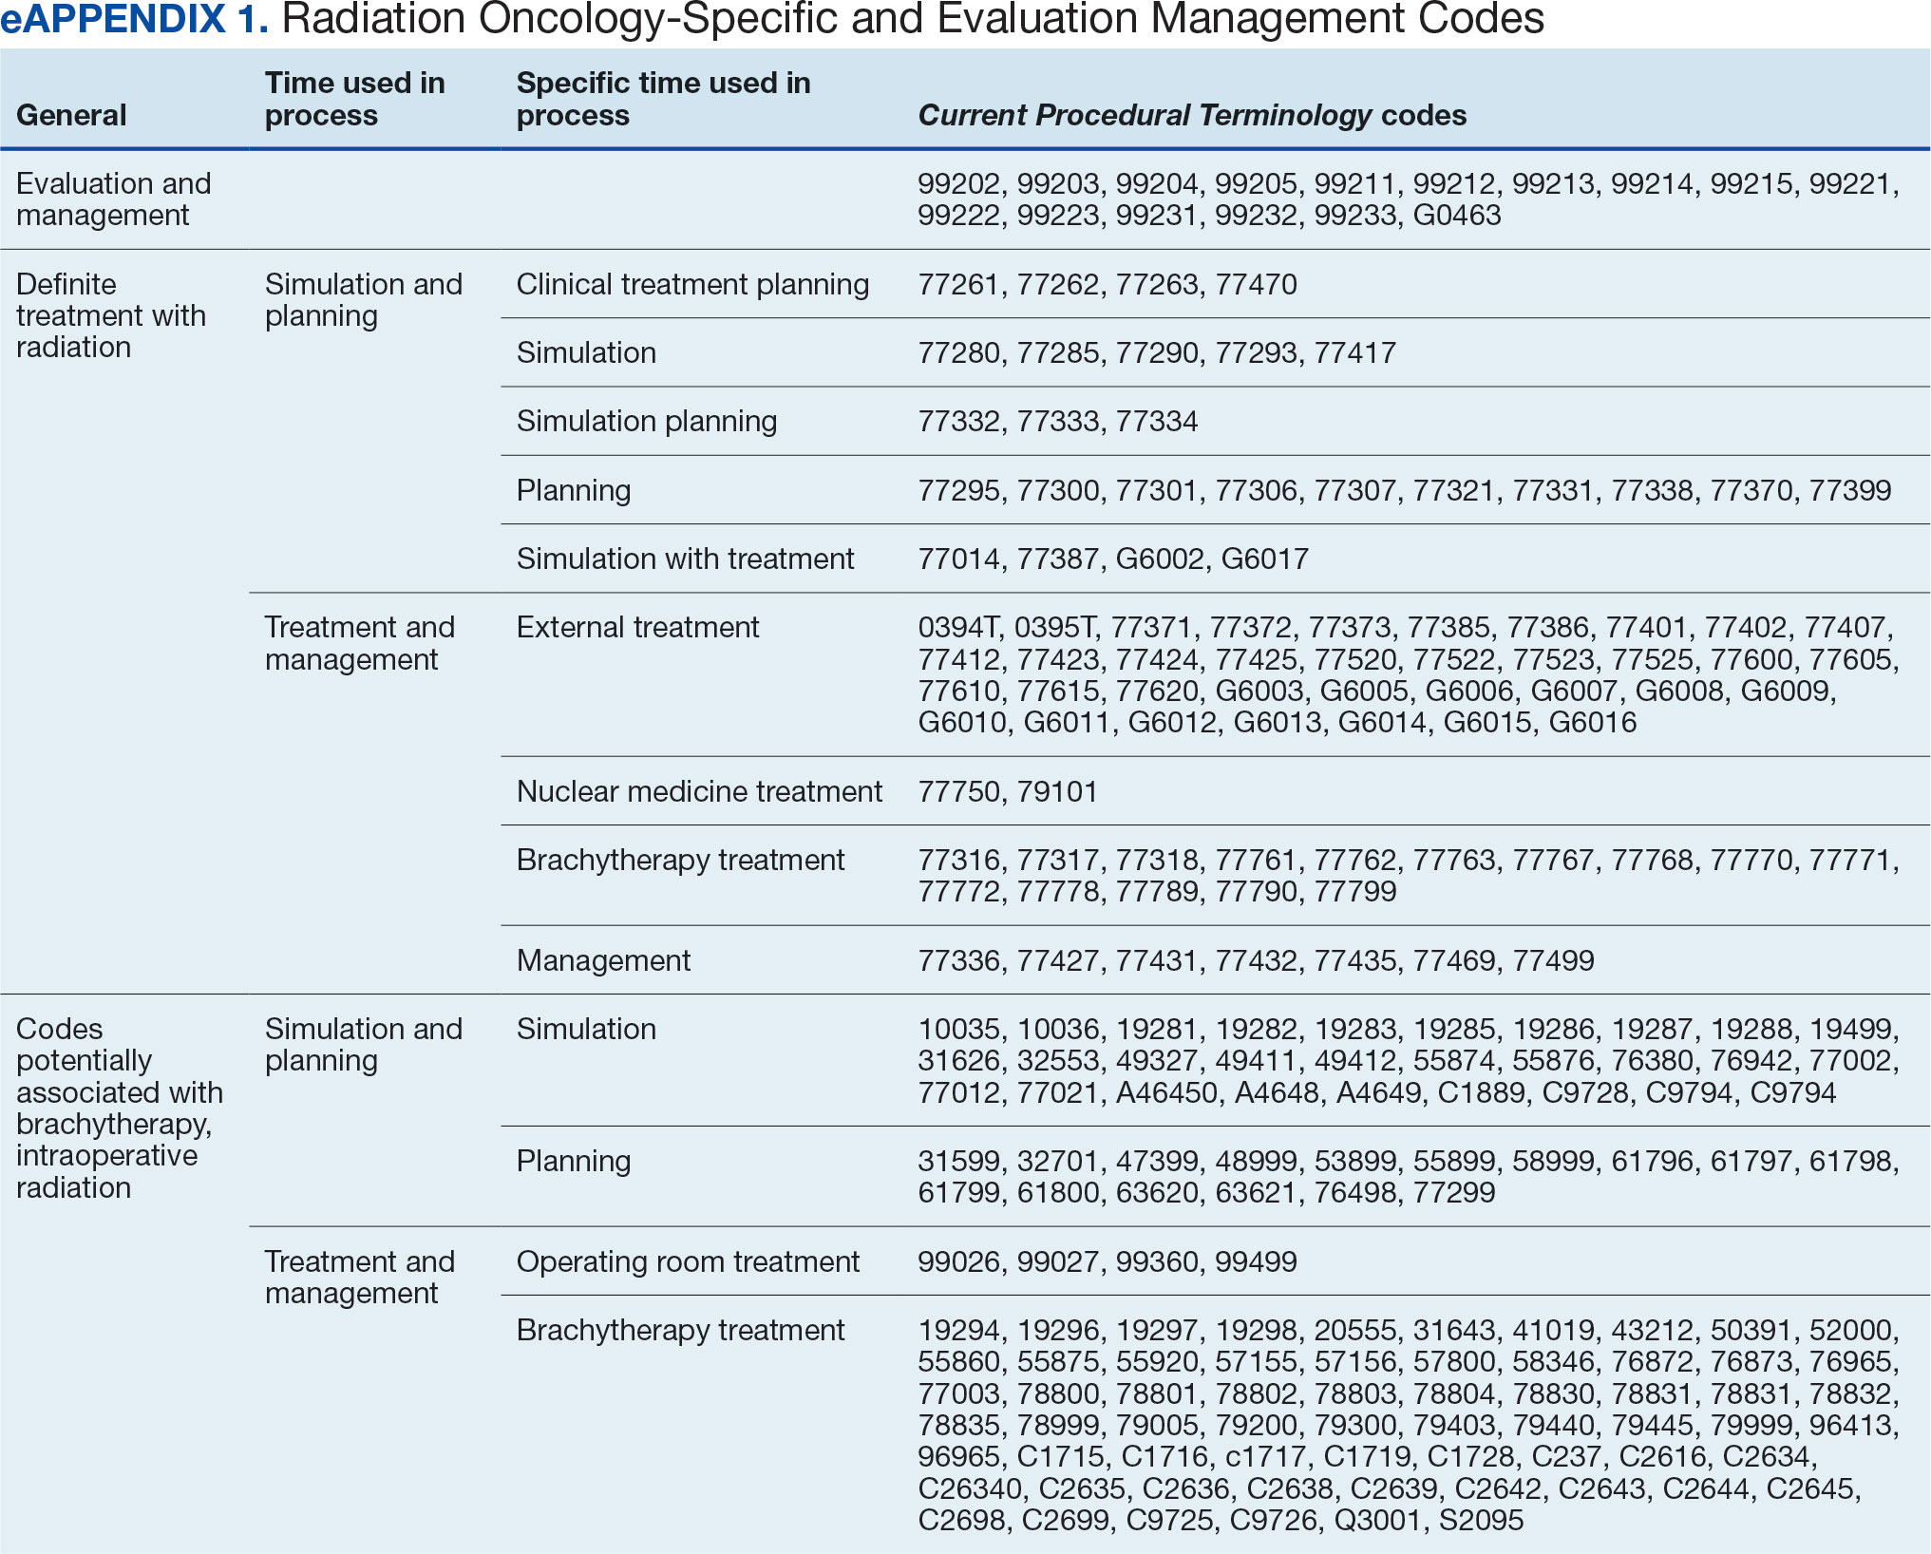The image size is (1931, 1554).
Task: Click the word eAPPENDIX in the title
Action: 113,19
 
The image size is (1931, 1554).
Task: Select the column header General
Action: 71,115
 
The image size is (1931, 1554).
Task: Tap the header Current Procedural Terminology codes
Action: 1192,115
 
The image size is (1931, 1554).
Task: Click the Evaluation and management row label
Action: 114,199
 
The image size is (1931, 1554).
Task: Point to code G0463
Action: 1457,216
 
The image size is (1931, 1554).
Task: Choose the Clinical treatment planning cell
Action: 692,284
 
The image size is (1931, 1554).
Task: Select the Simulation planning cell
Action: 647,421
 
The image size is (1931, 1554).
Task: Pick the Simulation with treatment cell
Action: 685,559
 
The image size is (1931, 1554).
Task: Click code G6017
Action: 1265,559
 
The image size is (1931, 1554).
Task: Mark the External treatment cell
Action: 637,627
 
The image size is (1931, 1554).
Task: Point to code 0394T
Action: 958,628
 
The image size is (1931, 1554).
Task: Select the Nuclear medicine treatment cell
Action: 699,791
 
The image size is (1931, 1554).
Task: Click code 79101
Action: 1057,791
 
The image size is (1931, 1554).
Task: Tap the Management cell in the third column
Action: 603,960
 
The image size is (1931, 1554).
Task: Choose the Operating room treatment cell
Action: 688,1261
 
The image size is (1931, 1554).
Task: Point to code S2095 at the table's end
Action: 1481,1521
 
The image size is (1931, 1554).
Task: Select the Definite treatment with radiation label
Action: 111,315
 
